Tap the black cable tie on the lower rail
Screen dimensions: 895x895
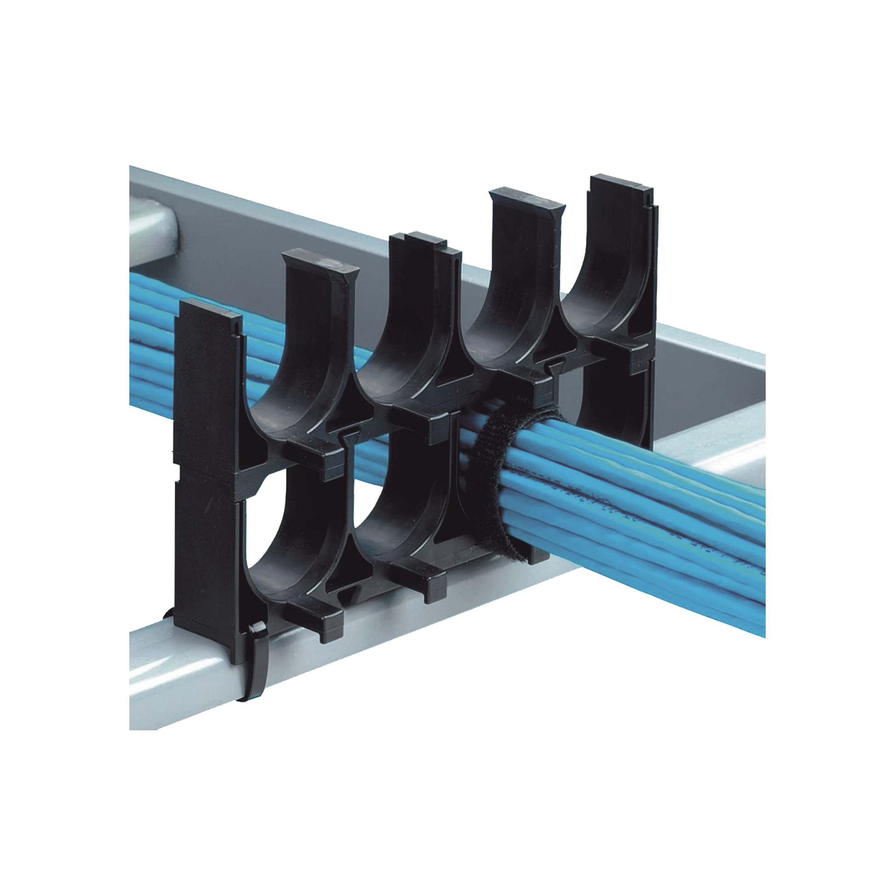(256, 658)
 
